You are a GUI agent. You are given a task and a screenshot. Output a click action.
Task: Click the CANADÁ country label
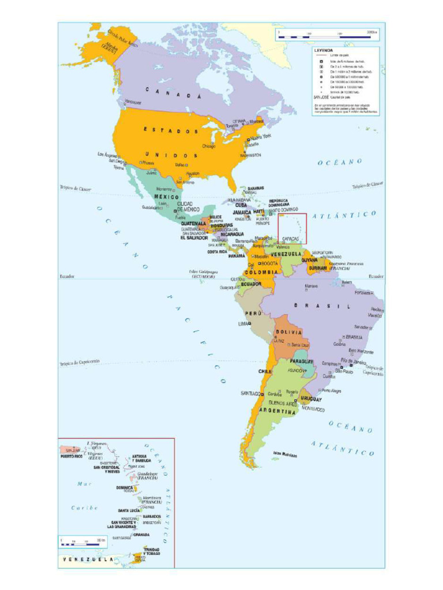click(x=172, y=93)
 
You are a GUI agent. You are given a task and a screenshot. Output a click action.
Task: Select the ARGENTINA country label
click(x=277, y=411)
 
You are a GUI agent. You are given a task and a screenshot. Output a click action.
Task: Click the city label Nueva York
click(x=260, y=137)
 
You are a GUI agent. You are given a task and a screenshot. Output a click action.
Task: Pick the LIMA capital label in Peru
click(x=243, y=324)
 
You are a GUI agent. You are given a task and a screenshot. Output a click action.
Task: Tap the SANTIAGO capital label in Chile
click(x=251, y=393)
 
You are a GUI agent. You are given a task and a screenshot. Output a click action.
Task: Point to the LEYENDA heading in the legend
click(x=323, y=50)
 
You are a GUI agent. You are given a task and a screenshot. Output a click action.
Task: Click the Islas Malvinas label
click(x=286, y=454)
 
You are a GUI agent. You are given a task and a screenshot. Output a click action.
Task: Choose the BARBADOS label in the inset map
click(x=152, y=516)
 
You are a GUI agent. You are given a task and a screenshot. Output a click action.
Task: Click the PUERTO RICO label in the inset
click(x=72, y=456)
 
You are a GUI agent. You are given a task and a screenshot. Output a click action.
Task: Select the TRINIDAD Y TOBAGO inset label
click(x=152, y=551)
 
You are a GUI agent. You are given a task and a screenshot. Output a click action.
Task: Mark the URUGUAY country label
click(x=311, y=399)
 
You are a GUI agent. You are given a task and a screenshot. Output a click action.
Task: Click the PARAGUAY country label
click(x=301, y=361)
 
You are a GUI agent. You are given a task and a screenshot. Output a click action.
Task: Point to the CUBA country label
click(x=241, y=205)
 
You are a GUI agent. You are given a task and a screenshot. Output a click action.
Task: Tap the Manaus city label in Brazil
click(x=311, y=286)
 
